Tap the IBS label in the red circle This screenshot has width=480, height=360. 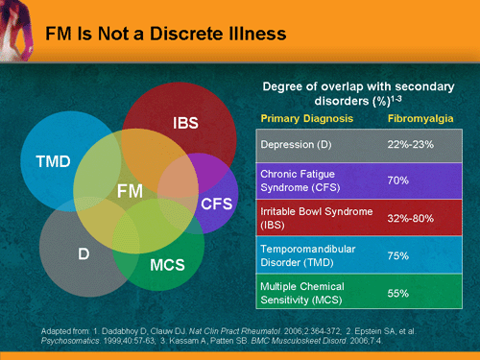click(185, 124)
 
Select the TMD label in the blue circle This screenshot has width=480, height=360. click(53, 161)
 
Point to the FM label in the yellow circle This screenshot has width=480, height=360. click(130, 192)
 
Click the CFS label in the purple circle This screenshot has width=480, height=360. click(216, 204)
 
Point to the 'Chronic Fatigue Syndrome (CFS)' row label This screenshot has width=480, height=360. click(308, 180)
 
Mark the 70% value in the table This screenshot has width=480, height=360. click(398, 180)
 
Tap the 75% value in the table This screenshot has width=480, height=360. click(398, 254)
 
